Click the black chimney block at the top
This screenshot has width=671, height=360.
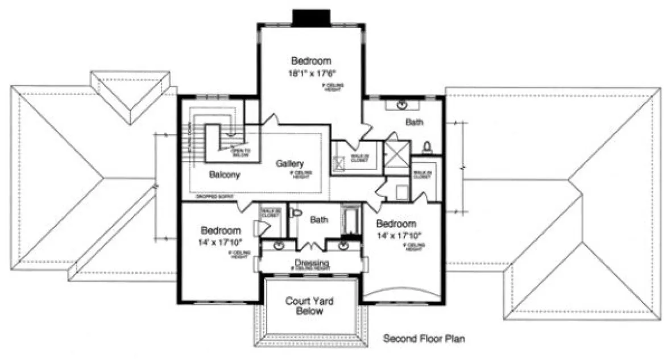point(311,17)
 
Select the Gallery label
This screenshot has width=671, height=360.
point(289,163)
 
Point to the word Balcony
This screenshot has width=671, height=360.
point(224,175)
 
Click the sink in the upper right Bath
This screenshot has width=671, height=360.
point(403,105)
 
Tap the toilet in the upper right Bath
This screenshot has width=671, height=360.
point(428,148)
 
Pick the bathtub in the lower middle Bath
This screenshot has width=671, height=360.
point(349,222)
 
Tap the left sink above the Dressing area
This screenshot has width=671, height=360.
point(279,246)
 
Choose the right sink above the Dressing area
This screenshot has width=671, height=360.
point(344,246)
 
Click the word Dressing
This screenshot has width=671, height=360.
point(312,263)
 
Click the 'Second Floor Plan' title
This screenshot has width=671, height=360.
point(424,340)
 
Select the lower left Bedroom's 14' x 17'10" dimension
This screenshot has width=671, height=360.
point(221,242)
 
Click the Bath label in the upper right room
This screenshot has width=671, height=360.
point(413,122)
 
